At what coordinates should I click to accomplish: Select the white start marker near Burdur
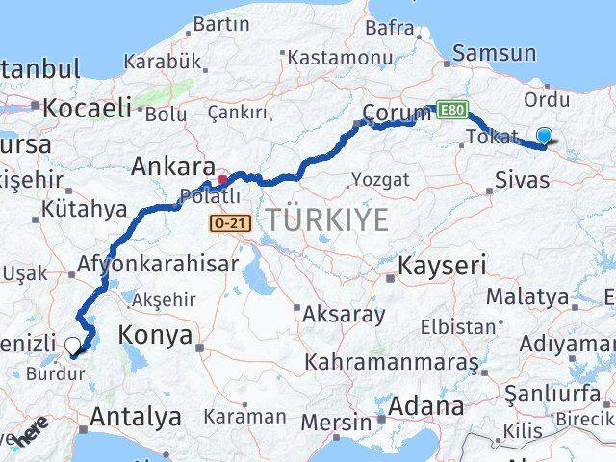click(x=73, y=345)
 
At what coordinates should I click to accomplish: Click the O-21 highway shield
click(x=224, y=222)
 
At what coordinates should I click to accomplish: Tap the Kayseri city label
click(x=443, y=264)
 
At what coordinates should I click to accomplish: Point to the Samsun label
click(x=494, y=53)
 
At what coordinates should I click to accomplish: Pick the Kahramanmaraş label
click(x=392, y=363)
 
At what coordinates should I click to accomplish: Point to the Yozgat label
click(x=380, y=179)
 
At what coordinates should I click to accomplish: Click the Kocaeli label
click(x=84, y=108)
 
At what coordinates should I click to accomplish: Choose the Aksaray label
click(x=344, y=314)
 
